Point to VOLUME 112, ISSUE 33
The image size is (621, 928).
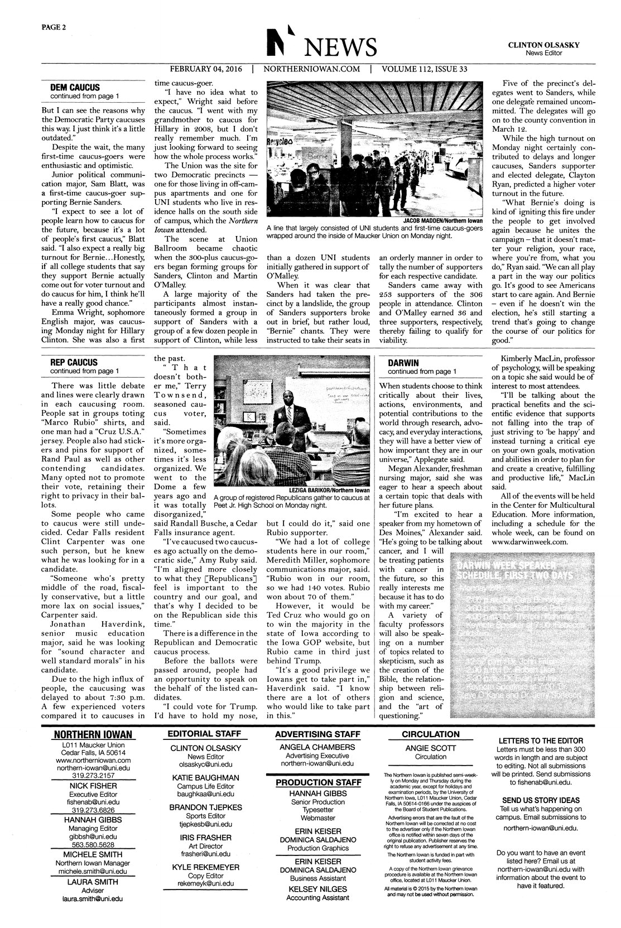[x=425, y=70]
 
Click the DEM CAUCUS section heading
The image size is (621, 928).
[x=75, y=88]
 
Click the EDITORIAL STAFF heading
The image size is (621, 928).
[x=204, y=734]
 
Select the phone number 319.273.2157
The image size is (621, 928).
[x=93, y=776]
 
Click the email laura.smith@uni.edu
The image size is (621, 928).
[x=93, y=898]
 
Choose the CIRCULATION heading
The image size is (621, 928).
[x=431, y=734]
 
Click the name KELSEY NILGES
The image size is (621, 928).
[x=317, y=889]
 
